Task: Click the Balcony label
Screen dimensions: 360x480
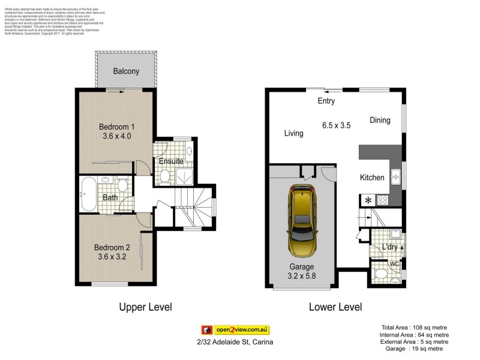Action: pyautogui.click(x=126, y=71)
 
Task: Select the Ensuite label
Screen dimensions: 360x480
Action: pyautogui.click(x=171, y=161)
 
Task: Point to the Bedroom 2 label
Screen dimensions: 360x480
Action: pyautogui.click(x=114, y=247)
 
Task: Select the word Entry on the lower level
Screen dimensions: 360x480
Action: pyautogui.click(x=326, y=101)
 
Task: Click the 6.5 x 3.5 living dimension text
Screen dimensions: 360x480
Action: pyautogui.click(x=336, y=125)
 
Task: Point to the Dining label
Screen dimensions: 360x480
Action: pyautogui.click(x=380, y=120)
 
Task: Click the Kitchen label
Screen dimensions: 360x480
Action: pyautogui.click(x=371, y=178)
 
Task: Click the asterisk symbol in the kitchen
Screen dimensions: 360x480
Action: pyautogui.click(x=367, y=200)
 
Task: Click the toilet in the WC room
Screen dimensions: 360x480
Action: pyautogui.click(x=381, y=274)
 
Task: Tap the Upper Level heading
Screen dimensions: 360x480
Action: pyautogui.click(x=145, y=307)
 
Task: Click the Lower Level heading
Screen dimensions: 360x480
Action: pyautogui.click(x=335, y=307)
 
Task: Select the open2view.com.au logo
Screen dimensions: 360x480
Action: pyautogui.click(x=235, y=329)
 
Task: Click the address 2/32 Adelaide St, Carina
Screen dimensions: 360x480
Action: pyautogui.click(x=235, y=342)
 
